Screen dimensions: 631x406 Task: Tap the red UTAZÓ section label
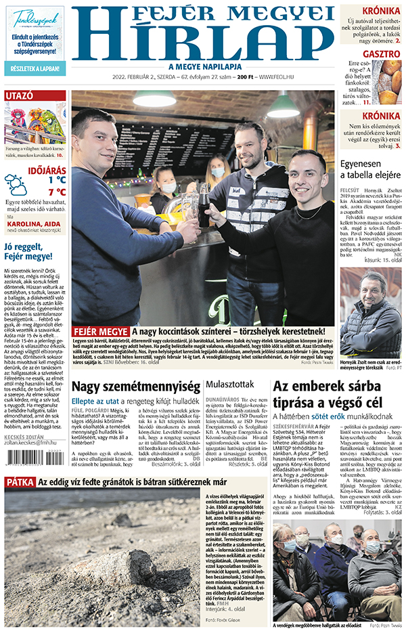tap(18, 96)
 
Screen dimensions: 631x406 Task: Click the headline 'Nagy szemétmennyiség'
tap(136, 387)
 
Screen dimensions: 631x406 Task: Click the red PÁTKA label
tap(20, 482)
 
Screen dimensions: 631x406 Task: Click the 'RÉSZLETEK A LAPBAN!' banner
tap(35, 68)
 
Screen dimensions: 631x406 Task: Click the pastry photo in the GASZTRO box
tap(390, 82)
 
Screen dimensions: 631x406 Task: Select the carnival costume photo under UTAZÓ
tap(35, 124)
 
